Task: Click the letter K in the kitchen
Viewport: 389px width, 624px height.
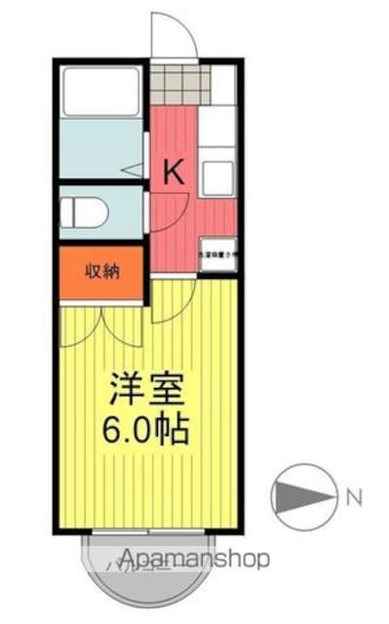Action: (173, 173)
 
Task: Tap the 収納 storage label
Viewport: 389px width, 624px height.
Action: (100, 272)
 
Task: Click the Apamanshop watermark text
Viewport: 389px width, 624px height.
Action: (185, 560)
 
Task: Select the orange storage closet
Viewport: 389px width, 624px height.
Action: (100, 272)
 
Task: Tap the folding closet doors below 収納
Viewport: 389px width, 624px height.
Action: (100, 322)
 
